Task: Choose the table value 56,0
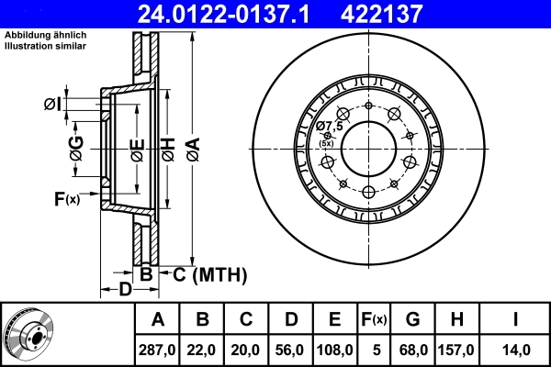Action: point(291,350)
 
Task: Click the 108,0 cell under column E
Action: point(335,350)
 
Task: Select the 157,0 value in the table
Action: point(456,350)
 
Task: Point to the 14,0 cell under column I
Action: point(515,350)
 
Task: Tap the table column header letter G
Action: point(412,319)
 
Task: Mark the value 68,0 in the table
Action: point(412,350)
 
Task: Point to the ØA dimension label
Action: point(192,147)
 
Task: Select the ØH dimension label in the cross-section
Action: point(167,147)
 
